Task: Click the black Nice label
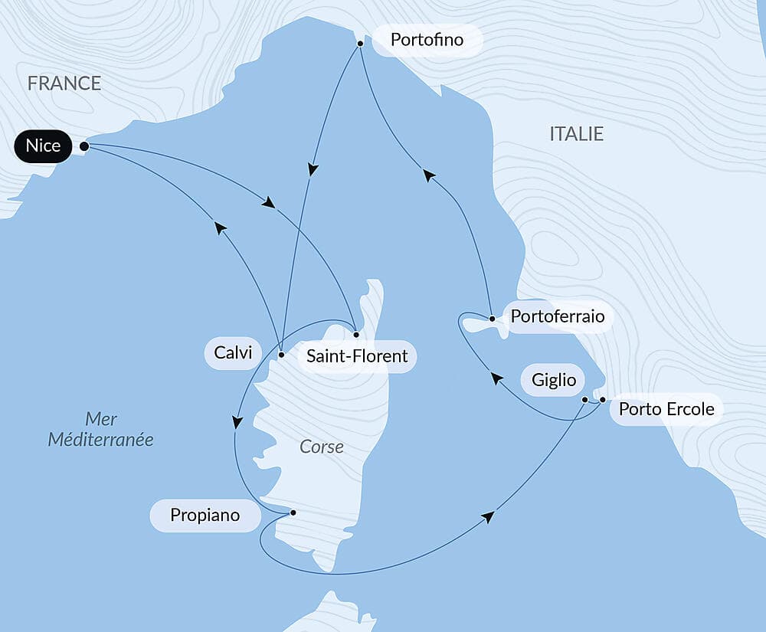[x=43, y=146]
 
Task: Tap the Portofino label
[x=427, y=40]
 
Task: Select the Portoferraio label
[x=557, y=316]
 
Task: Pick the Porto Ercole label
[x=666, y=409]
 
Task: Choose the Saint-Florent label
[x=357, y=357]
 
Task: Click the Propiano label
[x=205, y=516]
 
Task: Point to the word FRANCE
[x=64, y=84]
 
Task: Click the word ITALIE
[x=577, y=134]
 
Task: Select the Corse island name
[x=322, y=447]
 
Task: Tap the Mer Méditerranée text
[x=100, y=429]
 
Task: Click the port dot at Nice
[x=84, y=146]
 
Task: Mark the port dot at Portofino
[x=359, y=44]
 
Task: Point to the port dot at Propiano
[x=293, y=512]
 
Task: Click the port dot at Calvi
[x=281, y=355]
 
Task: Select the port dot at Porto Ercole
[x=603, y=400]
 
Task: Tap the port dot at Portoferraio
[x=492, y=318]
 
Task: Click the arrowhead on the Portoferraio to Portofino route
[x=429, y=175]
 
